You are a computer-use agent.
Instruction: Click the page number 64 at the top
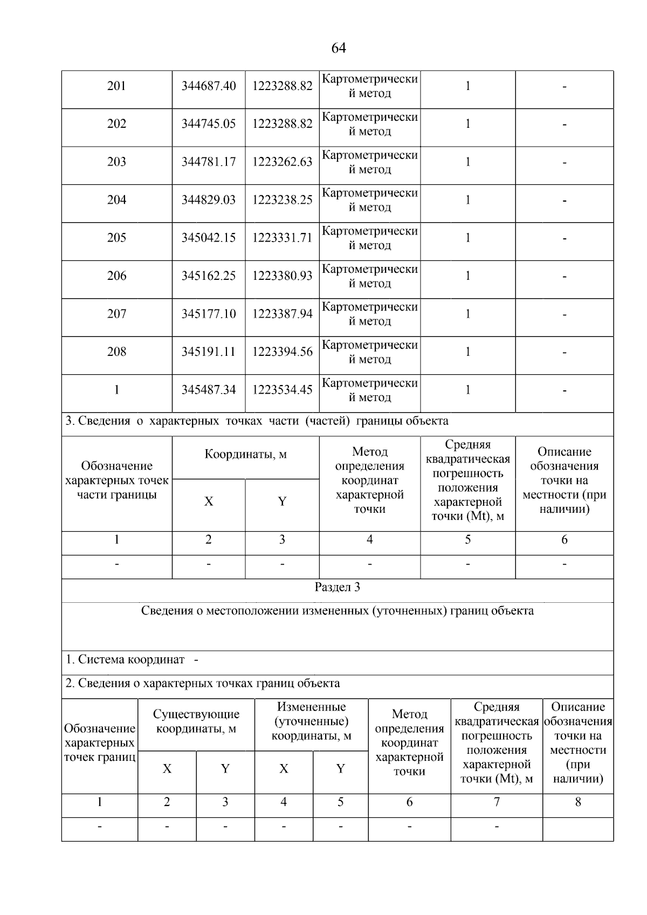pos(338,49)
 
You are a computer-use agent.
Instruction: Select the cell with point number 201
pos(116,86)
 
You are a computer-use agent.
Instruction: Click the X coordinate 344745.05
pos(208,124)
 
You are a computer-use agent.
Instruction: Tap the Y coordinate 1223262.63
pos(282,162)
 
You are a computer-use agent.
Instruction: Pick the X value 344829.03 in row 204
pos(208,200)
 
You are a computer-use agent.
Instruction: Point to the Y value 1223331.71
pos(282,238)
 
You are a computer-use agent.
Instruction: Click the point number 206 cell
pos(116,276)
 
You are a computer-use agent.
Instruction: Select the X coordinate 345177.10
pos(208,314)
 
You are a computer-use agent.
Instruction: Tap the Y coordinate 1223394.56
pos(282,352)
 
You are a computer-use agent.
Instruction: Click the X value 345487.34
pos(208,390)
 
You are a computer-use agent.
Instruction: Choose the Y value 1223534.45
pos(282,390)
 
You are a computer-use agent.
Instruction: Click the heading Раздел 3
pos(338,587)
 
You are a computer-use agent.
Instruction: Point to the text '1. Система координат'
pos(125,659)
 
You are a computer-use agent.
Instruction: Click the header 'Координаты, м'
pos(245,454)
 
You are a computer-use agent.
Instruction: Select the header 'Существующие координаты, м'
pos(196,721)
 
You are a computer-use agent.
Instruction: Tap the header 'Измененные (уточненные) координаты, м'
pos(311,721)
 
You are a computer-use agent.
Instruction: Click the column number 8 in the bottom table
pos(577,802)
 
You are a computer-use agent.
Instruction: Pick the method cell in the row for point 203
pos(370,162)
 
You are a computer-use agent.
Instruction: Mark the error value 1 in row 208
pos(467,352)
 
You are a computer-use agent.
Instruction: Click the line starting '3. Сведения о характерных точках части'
pos(257,421)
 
